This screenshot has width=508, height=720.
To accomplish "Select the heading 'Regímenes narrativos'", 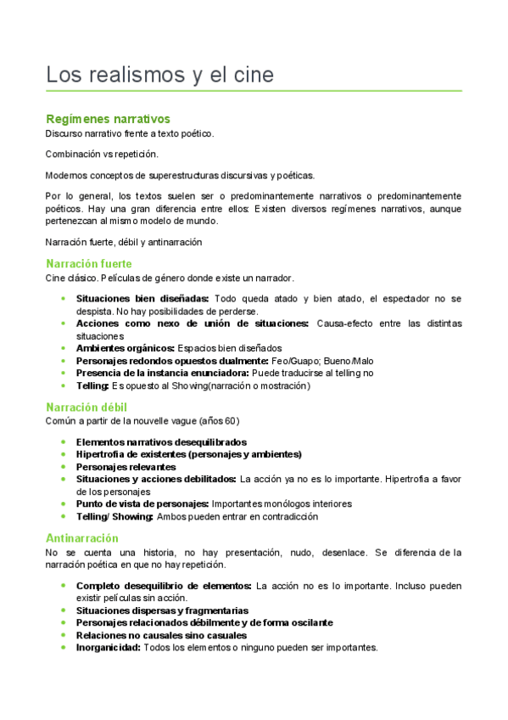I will point(108,119).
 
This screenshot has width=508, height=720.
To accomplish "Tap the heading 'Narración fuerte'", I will point(89,264).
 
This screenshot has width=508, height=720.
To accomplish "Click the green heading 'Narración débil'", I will point(87,407).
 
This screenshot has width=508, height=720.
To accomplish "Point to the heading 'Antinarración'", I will point(82,538).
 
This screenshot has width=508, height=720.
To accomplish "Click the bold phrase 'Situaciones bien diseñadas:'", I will point(142,299).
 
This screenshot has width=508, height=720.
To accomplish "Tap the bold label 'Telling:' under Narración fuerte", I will point(93,385).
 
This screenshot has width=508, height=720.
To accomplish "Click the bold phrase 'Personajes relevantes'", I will point(126,467).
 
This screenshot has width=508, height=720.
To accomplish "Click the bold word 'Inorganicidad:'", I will point(108,647).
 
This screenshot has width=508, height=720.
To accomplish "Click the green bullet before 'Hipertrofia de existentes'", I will point(64,454).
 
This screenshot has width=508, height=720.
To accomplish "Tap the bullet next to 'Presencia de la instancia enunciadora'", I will point(64,373).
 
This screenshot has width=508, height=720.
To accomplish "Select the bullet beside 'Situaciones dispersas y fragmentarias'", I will point(64,610).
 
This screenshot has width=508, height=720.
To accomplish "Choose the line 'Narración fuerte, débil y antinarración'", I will point(124,242).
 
